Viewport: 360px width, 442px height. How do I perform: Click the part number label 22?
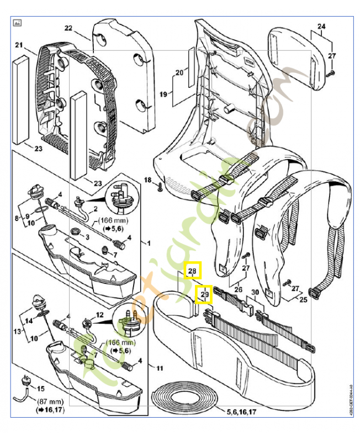68,28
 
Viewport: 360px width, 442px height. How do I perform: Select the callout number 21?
18,45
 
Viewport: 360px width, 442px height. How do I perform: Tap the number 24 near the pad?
321,26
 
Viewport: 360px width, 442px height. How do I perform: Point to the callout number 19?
163,94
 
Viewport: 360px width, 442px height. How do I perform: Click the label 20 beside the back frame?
179,72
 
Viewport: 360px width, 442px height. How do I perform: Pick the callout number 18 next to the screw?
147,180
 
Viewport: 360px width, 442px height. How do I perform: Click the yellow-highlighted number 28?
192,271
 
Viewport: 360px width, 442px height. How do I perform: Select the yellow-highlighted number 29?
205,296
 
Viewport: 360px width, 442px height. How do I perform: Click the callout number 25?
303,299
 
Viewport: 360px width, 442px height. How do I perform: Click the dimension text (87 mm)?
49,402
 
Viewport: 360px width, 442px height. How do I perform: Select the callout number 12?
100,314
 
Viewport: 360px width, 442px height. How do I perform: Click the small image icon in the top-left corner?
17,23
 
